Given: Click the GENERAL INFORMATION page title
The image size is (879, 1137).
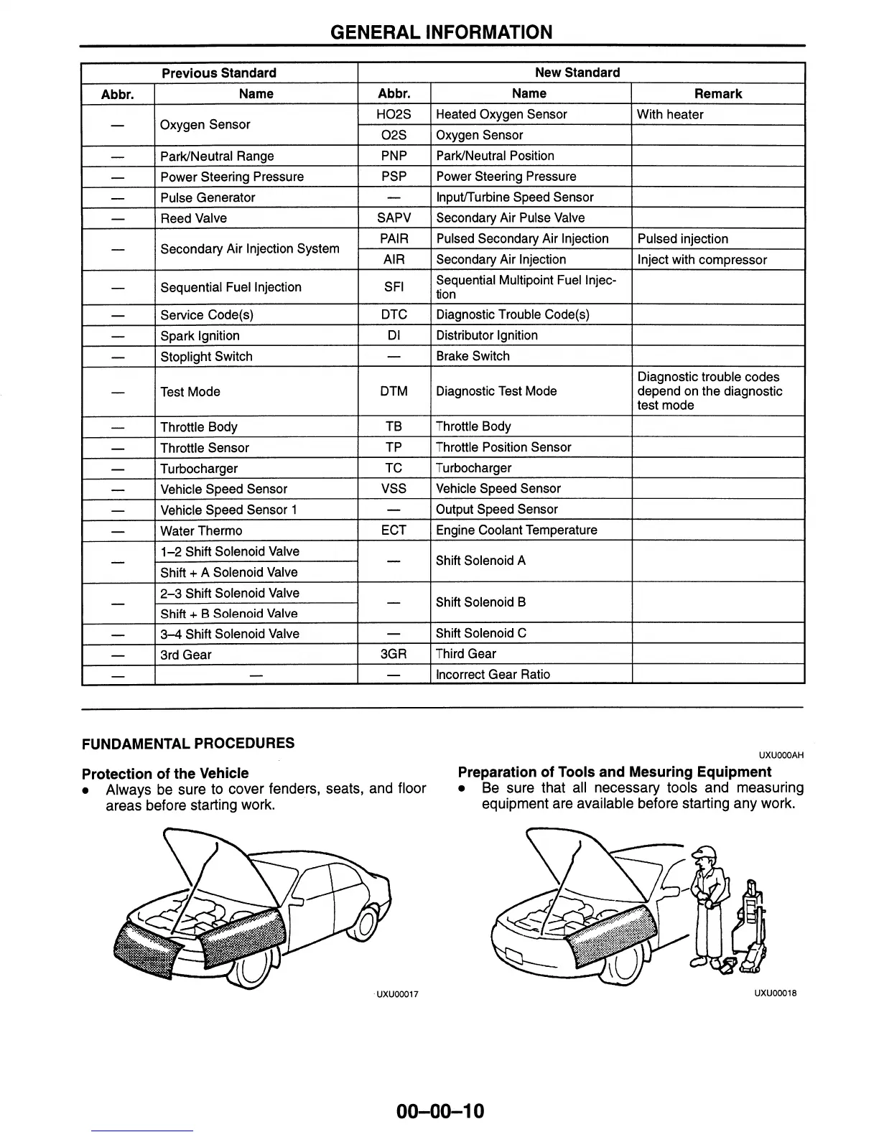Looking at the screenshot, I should [441, 32].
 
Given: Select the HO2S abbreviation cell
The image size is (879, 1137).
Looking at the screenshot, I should [394, 114].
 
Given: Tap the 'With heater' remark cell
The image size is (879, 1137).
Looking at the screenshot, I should [670, 114].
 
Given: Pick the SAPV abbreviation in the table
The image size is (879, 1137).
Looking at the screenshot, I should [394, 217].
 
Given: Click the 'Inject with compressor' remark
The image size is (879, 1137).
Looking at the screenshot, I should [702, 260].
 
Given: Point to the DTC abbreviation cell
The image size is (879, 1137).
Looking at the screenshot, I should [394, 314].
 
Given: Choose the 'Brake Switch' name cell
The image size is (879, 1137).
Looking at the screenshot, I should [473, 356].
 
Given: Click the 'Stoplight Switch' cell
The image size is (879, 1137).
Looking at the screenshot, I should [206, 357].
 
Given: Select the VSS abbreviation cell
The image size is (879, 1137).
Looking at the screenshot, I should [394, 489].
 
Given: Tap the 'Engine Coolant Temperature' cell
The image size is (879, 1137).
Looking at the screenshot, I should [516, 530].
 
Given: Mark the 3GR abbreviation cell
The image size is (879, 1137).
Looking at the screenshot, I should [394, 654].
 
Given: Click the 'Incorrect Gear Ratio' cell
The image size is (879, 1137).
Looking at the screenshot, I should [493, 675].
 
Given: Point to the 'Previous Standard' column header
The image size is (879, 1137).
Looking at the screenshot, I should [219, 73].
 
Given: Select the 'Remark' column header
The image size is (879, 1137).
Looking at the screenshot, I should [718, 94].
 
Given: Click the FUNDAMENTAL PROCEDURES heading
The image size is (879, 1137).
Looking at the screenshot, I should [188, 744].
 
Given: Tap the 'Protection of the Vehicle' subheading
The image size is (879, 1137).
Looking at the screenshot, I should [165, 774].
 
